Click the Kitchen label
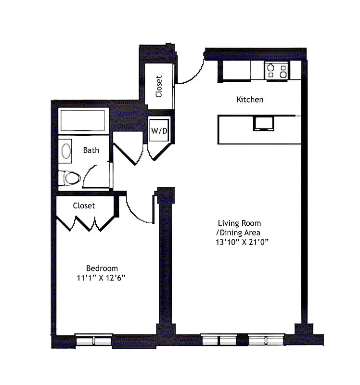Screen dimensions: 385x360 250,100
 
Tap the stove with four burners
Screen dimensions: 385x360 276,71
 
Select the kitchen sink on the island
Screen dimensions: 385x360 263,124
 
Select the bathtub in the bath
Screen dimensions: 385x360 82,120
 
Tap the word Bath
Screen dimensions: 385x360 91,150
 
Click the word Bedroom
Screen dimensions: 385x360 102,268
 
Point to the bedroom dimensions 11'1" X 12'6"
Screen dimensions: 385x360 102,278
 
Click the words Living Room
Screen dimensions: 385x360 239,223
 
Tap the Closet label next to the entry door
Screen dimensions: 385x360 159,86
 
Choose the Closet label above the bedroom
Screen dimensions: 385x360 84,205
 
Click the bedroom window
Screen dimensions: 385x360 94,340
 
